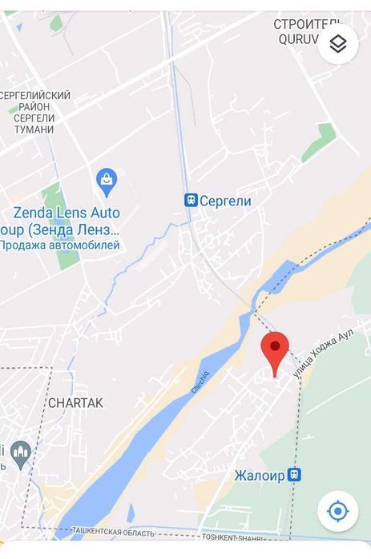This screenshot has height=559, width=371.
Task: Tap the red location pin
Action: click(275, 349)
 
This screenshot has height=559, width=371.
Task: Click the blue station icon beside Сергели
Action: click(191, 201)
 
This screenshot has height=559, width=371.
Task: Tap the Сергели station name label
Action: click(225, 202)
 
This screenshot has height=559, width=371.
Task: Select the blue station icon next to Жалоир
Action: click(294, 474)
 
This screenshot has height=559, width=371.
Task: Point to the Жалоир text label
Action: click(260, 475)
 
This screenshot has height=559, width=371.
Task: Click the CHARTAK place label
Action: click(75, 403)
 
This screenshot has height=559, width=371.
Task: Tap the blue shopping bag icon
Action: click(106, 182)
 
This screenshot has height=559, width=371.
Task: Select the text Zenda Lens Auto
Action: click(67, 213)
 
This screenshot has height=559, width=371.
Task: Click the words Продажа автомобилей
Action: click(60, 246)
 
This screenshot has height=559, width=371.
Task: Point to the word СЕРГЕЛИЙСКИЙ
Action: click(36, 96)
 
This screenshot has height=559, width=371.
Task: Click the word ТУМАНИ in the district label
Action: click(34, 130)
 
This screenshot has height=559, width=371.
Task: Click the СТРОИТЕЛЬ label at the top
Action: click(307, 24)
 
